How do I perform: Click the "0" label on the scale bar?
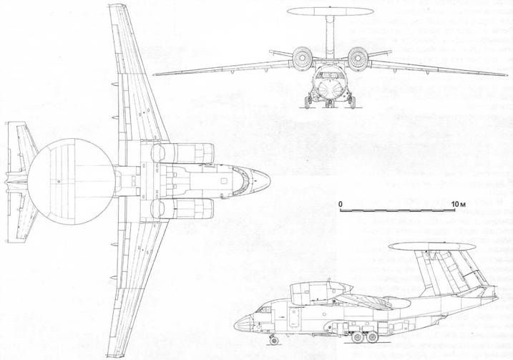(341, 204)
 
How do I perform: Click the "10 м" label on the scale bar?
(458, 204)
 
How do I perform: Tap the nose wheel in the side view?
(273, 341)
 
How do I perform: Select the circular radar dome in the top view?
(71, 181)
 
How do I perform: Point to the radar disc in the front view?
(331, 11)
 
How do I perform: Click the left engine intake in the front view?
(303, 59)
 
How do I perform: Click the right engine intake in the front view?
(358, 59)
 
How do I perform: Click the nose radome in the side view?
(243, 323)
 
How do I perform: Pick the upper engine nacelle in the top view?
(182, 153)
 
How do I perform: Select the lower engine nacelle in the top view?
(182, 209)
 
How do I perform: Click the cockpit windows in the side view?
(264, 309)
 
